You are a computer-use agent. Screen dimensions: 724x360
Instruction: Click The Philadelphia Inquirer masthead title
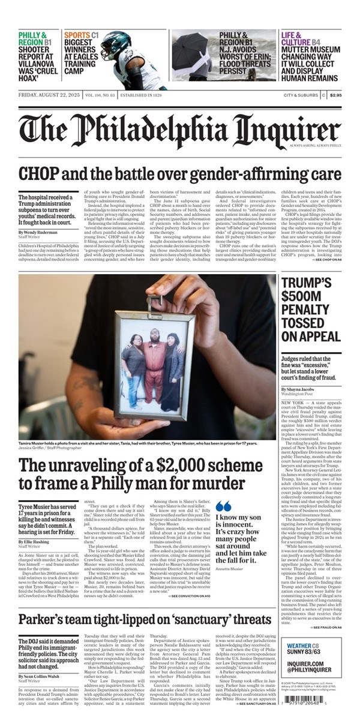click(x=179, y=127)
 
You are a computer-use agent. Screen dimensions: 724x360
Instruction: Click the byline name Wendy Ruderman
click(x=41, y=232)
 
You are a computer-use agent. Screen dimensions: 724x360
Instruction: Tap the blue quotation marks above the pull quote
click(x=223, y=505)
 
